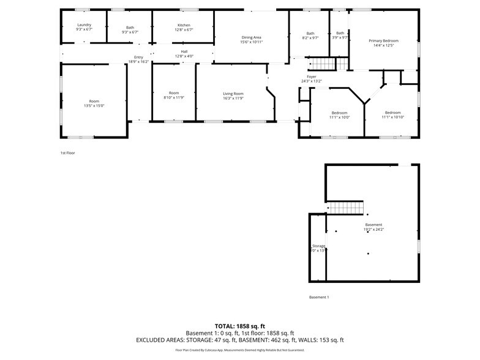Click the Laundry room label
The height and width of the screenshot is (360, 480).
coord(84,25)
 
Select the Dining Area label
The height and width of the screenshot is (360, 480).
coord(252,37)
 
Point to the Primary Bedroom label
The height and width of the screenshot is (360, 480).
coord(383,40)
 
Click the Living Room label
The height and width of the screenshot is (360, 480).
coord(233,93)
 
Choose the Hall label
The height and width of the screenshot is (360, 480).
coord(184,51)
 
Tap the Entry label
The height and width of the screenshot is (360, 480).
coord(138,58)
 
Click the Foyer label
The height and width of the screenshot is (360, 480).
coord(311,77)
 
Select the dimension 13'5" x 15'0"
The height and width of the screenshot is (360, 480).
coord(94,106)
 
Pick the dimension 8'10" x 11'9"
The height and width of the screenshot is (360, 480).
coord(174,97)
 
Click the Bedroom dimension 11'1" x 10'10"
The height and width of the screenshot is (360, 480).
coord(392,117)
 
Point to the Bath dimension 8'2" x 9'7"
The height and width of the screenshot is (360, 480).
coord(310,37)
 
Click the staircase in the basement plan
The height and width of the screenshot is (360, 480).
coord(345,208)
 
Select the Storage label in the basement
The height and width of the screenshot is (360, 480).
coord(318,246)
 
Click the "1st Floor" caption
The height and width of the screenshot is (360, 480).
coord(67,153)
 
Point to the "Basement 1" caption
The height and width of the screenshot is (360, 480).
coord(319,298)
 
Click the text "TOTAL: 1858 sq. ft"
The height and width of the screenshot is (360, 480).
coord(240,326)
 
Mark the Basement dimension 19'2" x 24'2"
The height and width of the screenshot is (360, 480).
coord(373,230)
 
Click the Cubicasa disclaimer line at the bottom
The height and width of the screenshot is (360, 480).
coord(240,350)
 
